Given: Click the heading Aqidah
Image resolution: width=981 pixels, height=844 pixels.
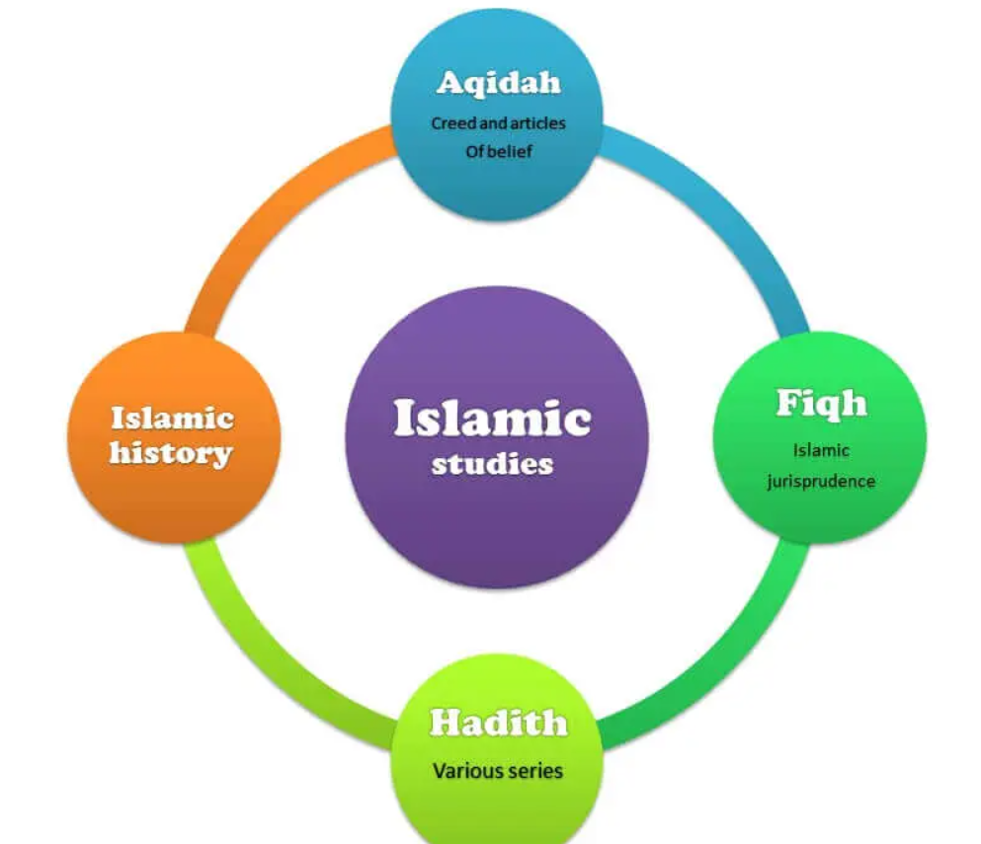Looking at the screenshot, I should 498,83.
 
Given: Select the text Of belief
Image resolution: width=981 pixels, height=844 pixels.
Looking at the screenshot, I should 499,153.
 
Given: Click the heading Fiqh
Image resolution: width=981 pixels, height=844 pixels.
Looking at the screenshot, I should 821,403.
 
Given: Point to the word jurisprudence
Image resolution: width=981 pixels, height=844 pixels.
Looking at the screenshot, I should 820,482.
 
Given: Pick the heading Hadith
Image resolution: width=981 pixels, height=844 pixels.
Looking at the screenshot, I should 498,724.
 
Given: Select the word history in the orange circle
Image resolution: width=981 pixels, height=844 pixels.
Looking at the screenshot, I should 171,454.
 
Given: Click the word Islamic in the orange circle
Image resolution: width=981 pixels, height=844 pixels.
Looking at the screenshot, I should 172,418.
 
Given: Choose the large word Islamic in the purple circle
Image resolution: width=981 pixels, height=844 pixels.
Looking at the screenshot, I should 492,419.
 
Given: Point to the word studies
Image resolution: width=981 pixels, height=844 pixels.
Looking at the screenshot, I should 492,463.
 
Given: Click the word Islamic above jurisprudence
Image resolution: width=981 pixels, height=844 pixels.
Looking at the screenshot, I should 821,451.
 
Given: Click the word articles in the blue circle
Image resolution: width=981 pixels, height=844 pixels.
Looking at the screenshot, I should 537,124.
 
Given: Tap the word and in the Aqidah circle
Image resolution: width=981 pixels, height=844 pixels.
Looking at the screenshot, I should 493,124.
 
